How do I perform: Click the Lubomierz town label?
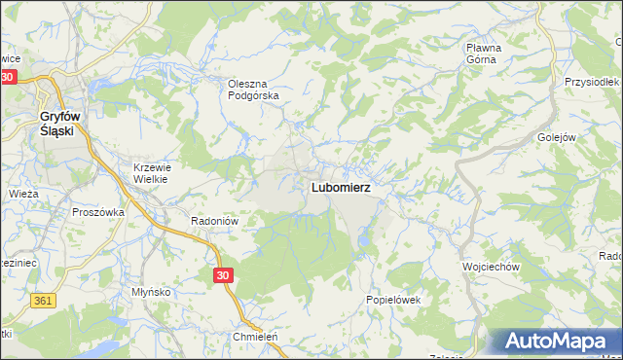click(x=341, y=187)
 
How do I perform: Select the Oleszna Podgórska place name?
click(x=253, y=90)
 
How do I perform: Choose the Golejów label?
click(x=556, y=137)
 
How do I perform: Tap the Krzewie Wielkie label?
click(x=151, y=172)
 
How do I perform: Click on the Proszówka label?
click(x=99, y=211)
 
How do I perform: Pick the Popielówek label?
click(x=392, y=300)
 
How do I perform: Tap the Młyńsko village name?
click(x=151, y=292)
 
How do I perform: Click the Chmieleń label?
click(x=255, y=337)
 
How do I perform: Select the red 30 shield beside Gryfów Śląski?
click(x=9, y=77)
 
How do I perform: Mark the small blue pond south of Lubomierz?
click(x=363, y=235)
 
